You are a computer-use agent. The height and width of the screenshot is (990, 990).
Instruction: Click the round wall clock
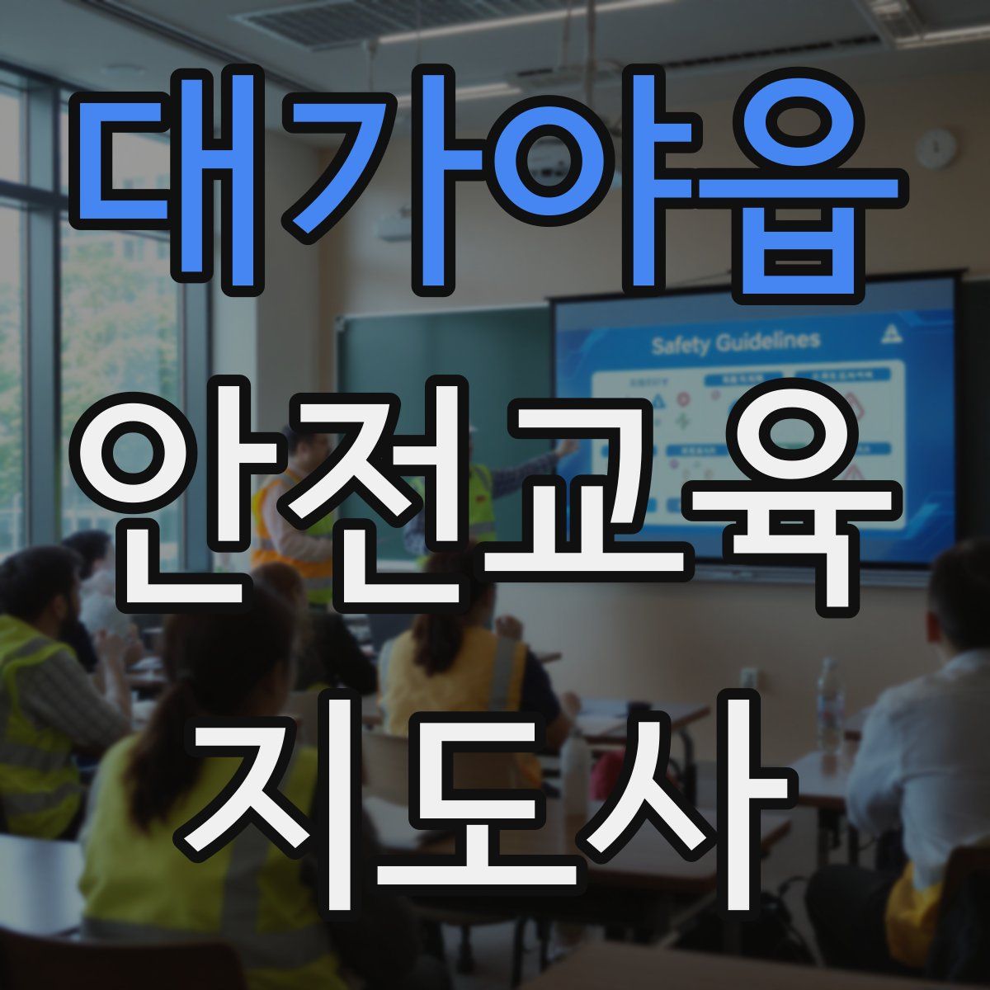pos(936,149)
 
